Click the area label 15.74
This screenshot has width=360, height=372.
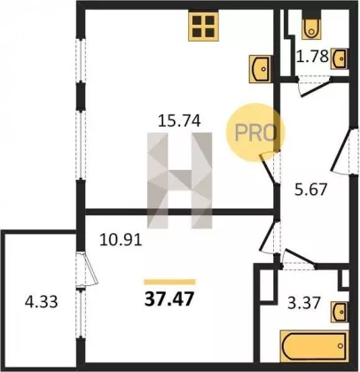pos(179,120)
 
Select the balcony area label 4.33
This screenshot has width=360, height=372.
pos(41,302)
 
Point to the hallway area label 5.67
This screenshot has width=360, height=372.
pos(311,190)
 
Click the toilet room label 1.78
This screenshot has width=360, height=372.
pos(313,56)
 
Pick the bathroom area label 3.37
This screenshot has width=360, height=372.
pos(304,302)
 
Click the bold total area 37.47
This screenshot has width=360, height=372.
pos(169,299)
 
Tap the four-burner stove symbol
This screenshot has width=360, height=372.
pos(204,26)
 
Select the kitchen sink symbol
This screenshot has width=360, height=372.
pos(261,69)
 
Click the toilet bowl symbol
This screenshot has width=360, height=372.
pos(310,25)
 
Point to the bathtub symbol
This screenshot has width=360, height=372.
pos(314,345)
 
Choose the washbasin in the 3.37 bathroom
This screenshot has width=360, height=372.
pos(340,311)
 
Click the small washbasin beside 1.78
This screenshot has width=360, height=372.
pos(340,58)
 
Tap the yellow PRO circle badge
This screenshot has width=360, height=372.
pos(254,132)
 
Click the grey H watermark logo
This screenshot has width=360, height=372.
pos(180,181)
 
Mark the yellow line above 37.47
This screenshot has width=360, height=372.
pos(169,282)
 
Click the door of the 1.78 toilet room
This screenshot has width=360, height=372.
pos(314,86)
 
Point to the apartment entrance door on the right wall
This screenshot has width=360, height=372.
pos(343,151)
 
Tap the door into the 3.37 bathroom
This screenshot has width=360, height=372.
pos(299,260)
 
